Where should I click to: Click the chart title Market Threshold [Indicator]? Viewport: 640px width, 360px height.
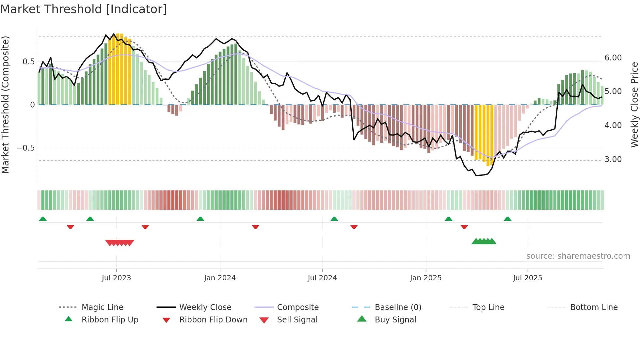pyautogui.click(x=84, y=9)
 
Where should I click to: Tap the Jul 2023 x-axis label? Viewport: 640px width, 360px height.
pyautogui.click(x=116, y=278)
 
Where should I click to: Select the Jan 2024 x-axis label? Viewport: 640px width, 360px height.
pyautogui.click(x=220, y=278)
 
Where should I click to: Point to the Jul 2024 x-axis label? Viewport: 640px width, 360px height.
pyautogui.click(x=322, y=278)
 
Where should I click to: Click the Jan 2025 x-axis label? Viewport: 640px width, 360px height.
pyautogui.click(x=426, y=278)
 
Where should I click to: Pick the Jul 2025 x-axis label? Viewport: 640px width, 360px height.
pyautogui.click(x=528, y=278)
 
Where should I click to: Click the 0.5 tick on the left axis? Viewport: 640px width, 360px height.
pyautogui.click(x=28, y=62)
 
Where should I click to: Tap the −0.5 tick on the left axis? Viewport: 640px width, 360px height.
pyautogui.click(x=25, y=148)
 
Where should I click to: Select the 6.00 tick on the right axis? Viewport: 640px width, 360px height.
pyautogui.click(x=613, y=58)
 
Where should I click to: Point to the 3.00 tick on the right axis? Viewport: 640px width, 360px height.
pyautogui.click(x=613, y=159)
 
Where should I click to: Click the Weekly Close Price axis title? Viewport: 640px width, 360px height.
pyautogui.click(x=634, y=105)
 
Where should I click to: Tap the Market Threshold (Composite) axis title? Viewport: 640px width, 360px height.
pyautogui.click(x=5, y=105)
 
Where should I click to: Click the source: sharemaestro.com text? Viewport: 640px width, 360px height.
pyautogui.click(x=578, y=256)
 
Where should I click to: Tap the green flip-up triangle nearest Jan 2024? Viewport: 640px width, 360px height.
pyautogui.click(x=200, y=219)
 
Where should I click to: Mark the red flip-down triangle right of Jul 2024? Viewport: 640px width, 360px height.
pyautogui.click(x=354, y=227)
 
